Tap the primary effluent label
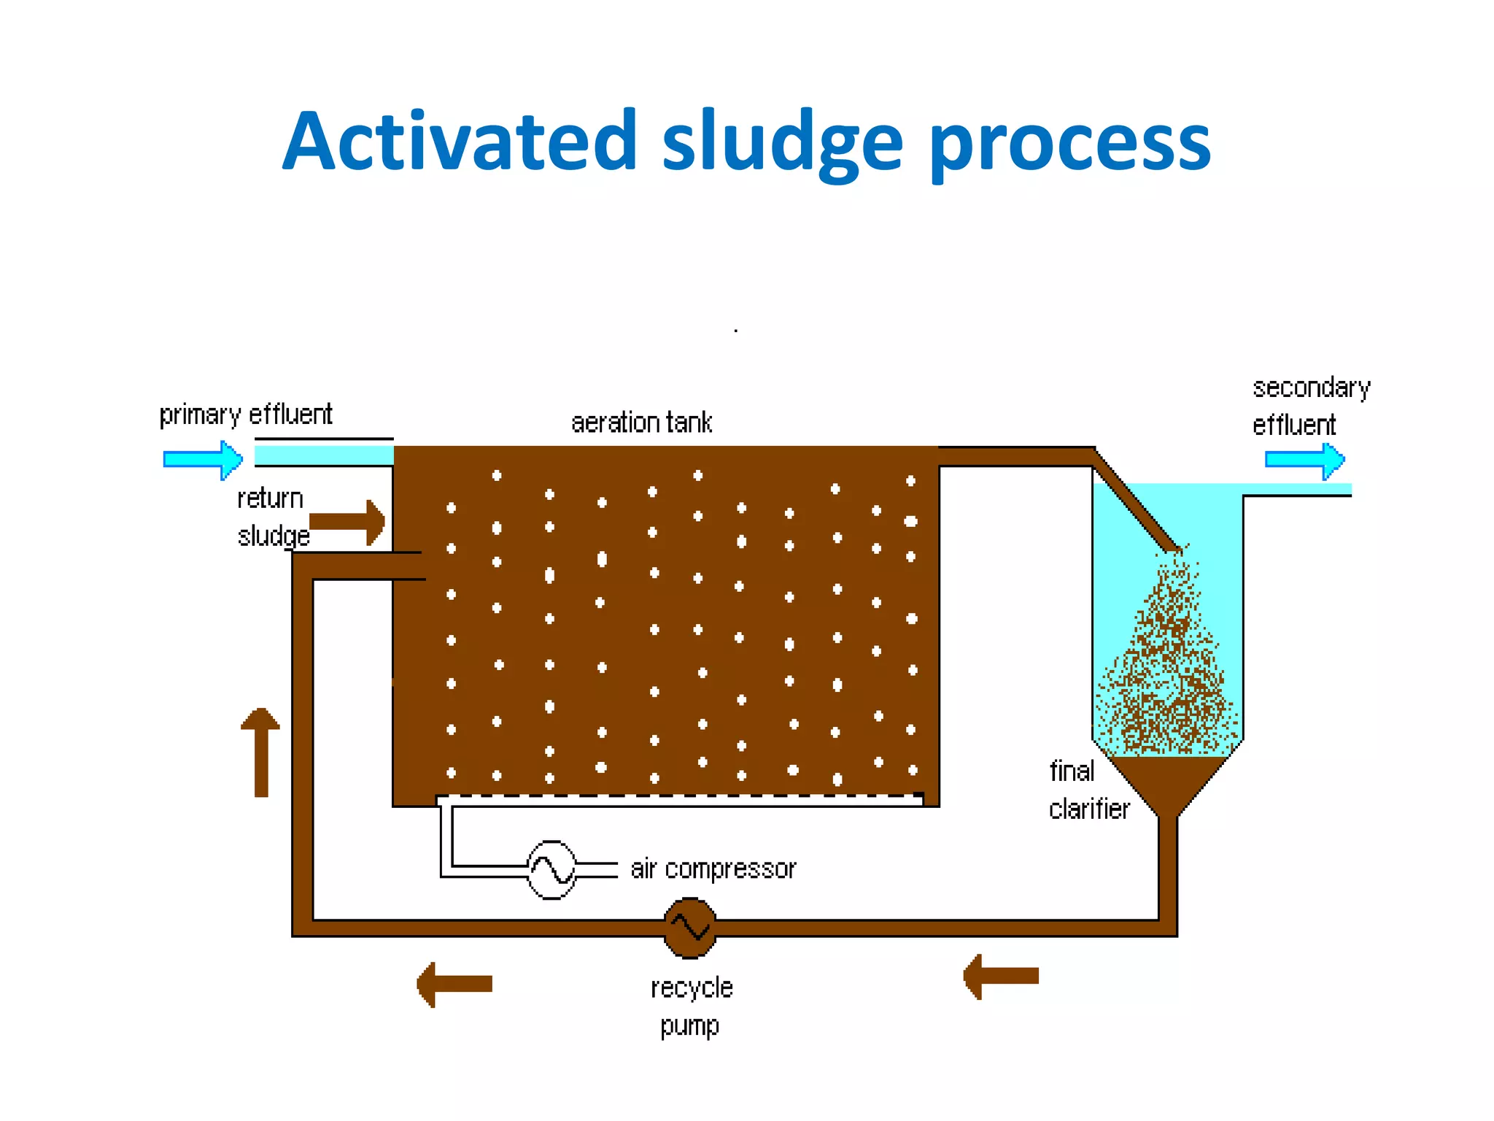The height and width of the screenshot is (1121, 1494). [246, 415]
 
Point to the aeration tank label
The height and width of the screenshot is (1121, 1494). [641, 423]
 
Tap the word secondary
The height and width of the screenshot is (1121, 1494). [1311, 388]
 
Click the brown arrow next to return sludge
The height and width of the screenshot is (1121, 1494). [347, 522]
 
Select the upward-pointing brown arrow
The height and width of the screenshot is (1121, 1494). [260, 752]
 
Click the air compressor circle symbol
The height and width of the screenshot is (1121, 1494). [551, 869]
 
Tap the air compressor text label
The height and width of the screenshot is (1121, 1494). [713, 869]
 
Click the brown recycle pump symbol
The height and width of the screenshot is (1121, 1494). [690, 928]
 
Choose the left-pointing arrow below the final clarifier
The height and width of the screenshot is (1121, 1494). [1001, 976]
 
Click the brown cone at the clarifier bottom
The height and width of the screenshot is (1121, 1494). [1168, 781]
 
